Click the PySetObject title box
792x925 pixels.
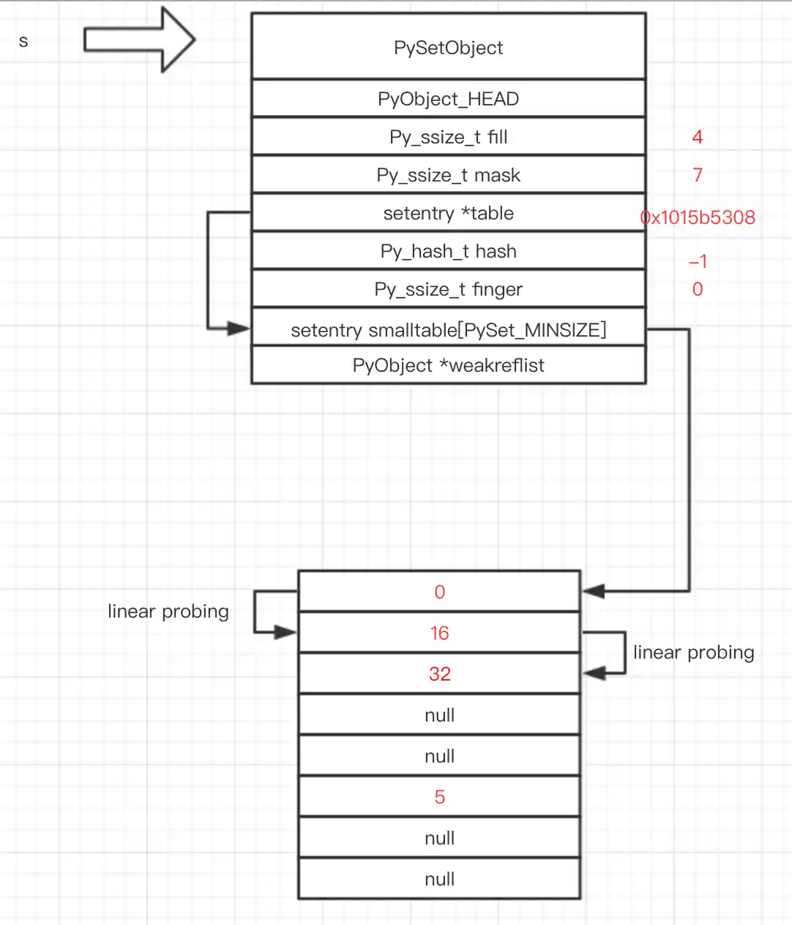click(448, 47)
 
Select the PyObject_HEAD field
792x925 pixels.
click(448, 99)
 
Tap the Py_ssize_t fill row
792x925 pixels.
click(448, 137)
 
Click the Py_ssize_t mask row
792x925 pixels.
click(448, 175)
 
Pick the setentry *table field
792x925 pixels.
click(448, 213)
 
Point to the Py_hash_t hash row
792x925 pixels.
click(448, 251)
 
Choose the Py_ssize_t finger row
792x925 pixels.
click(448, 289)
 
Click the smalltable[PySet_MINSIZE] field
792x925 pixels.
click(448, 329)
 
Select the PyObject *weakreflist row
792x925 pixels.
click(448, 365)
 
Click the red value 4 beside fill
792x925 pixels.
click(697, 137)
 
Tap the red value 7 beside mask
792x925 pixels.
click(697, 175)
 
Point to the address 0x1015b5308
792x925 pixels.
click(698, 217)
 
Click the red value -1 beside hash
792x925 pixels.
click(698, 261)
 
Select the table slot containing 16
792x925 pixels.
click(439, 633)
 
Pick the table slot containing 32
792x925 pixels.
click(439, 674)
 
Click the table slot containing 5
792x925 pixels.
click(439, 797)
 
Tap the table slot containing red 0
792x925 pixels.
click(439, 592)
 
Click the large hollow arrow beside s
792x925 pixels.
click(139, 40)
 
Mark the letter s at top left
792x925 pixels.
click(23, 42)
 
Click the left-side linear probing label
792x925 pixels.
click(168, 611)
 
